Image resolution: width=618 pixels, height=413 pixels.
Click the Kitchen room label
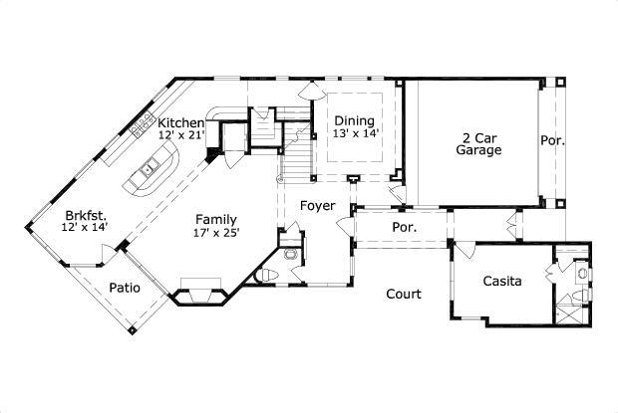click(181, 122)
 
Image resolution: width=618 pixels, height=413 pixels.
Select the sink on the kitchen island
click(147, 169)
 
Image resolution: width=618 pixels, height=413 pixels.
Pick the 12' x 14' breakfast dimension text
click(85, 228)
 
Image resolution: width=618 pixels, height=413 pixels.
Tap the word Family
click(216, 219)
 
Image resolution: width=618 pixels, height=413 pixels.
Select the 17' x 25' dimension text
click(216, 233)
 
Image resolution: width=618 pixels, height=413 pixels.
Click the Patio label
click(125, 289)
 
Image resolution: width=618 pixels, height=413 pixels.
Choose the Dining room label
click(354, 120)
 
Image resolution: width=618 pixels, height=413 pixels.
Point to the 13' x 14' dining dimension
click(355, 134)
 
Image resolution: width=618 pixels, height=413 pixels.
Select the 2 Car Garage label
click(478, 143)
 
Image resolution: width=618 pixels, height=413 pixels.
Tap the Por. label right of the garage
click(552, 141)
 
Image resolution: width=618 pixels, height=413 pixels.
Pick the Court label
click(404, 295)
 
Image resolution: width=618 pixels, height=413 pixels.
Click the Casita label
click(502, 282)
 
